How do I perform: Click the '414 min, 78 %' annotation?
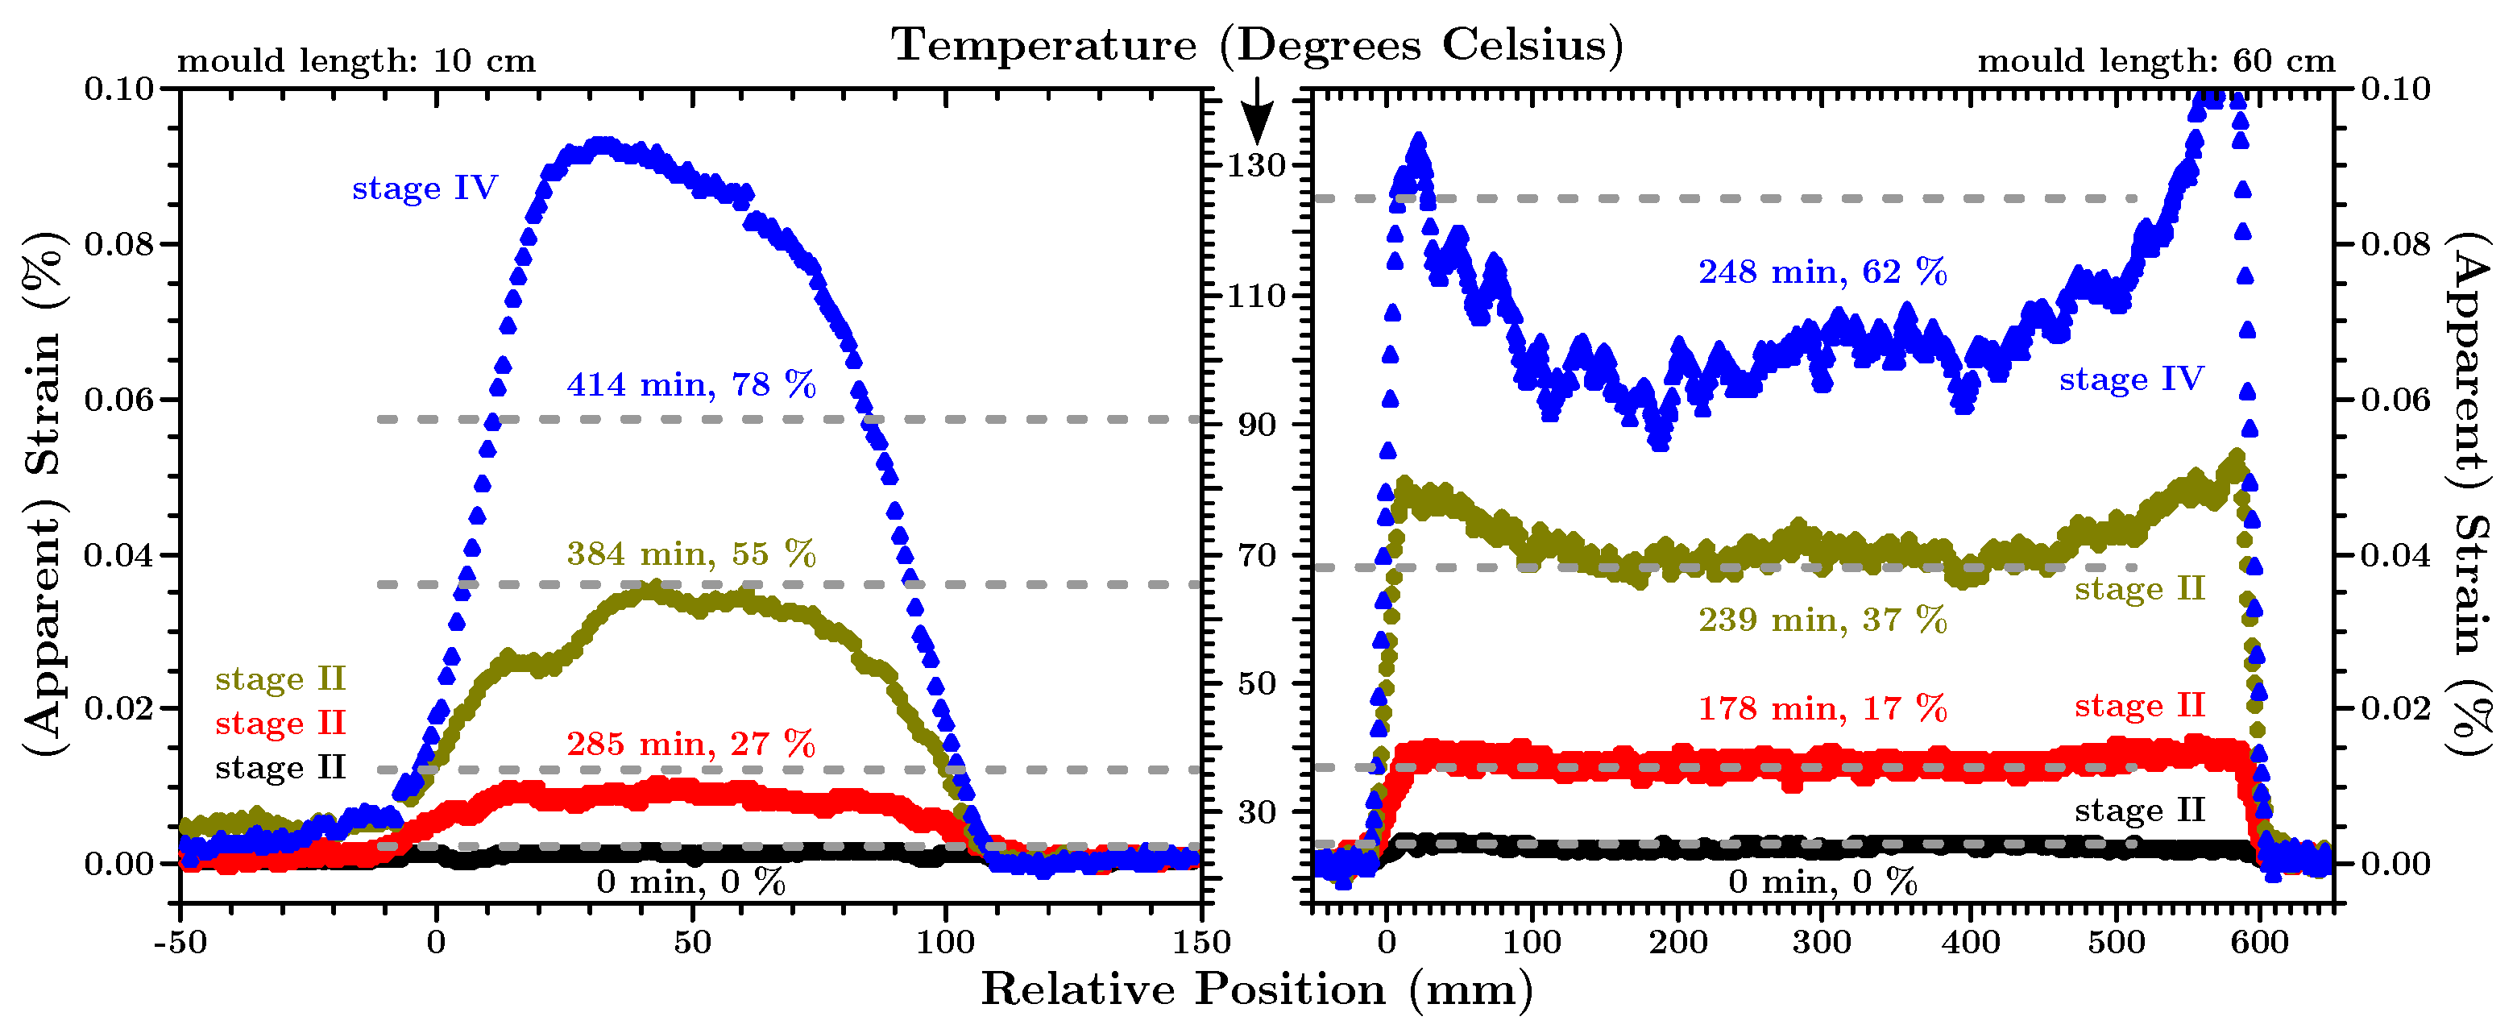pos(690,385)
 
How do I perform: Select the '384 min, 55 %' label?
pos(690,554)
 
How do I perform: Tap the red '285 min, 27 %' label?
pos(690,744)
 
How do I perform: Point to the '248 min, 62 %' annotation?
pos(1822,272)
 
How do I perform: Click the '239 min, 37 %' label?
pos(1822,620)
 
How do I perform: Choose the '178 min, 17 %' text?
pos(1822,708)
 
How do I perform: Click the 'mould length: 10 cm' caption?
pos(355,60)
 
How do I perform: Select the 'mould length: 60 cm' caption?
pos(2157,60)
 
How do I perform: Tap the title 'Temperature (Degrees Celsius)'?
pos(1258,45)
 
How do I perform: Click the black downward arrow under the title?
pos(1258,110)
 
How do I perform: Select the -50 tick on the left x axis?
pos(180,942)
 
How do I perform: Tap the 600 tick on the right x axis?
pos(2260,942)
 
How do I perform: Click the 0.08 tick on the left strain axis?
pos(119,243)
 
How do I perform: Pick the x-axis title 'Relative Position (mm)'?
pos(1258,989)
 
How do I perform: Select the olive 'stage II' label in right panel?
pos(2140,588)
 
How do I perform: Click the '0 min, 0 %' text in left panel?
pos(690,882)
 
